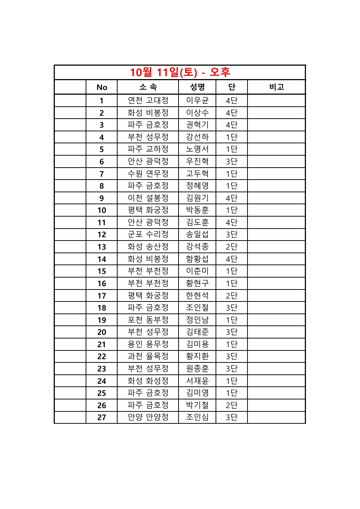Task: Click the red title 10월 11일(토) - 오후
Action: (x=180, y=72)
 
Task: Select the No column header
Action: (x=102, y=87)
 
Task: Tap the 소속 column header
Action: (x=148, y=87)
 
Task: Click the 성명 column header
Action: (x=197, y=87)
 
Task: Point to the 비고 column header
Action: (x=277, y=87)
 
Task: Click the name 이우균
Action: (x=197, y=100)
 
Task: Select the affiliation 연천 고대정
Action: (x=148, y=100)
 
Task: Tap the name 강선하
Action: (x=197, y=137)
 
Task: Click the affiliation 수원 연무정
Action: (x=148, y=174)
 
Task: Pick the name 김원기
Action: (x=197, y=198)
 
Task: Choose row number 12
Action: (x=102, y=235)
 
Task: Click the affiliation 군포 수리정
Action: (x=148, y=234)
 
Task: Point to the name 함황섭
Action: (x=197, y=259)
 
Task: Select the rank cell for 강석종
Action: (x=232, y=247)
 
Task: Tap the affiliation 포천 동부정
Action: (x=148, y=320)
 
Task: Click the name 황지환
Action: (x=197, y=356)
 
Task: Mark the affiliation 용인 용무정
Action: (x=148, y=344)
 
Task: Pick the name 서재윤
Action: (x=197, y=381)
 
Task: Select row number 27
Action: (x=102, y=418)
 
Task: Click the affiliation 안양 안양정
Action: (x=148, y=417)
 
